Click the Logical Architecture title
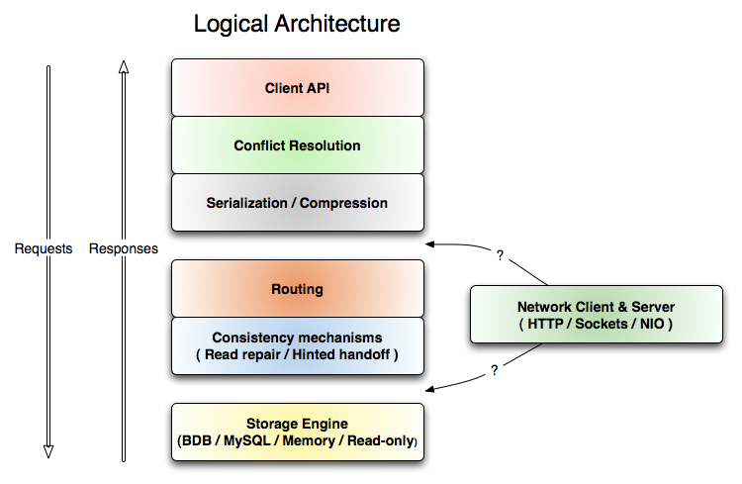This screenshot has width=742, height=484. coord(297,24)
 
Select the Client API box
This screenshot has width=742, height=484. coord(298,87)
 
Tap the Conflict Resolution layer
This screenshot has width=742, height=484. coord(298,145)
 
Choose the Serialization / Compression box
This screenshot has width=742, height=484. coord(298,203)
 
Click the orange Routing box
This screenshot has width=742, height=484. coord(298,289)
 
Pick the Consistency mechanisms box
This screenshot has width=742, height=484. coord(298,346)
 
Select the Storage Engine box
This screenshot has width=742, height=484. coord(298,432)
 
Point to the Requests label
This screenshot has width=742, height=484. coord(44,248)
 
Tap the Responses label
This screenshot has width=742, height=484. coord(124,248)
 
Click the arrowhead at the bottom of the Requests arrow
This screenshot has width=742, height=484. coord(47,451)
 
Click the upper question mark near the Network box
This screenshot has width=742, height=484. coord(501,255)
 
